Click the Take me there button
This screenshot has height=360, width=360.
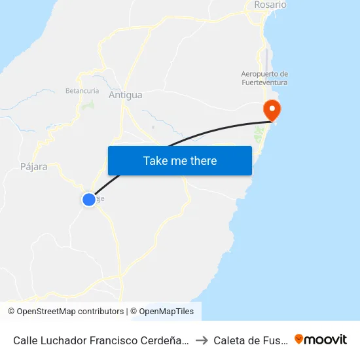point(180,160)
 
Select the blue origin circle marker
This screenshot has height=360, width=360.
point(89,199)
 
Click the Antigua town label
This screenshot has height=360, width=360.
point(125,95)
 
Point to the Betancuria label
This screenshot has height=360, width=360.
point(82,90)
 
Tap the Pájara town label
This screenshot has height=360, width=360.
point(34,166)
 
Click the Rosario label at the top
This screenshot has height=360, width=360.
point(270,5)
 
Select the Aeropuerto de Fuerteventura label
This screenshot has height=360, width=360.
point(264,78)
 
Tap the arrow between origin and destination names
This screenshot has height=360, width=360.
point(202,340)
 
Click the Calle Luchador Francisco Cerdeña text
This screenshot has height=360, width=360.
point(101,340)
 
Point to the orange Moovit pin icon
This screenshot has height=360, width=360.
point(299,339)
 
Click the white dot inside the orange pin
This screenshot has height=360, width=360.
point(270,107)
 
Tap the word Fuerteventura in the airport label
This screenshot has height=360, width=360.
point(264,82)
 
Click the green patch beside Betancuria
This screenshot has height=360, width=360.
point(90,103)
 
